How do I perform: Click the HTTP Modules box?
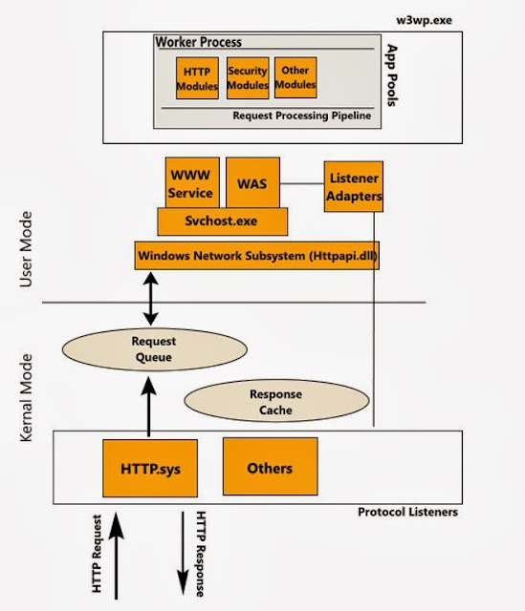tap(198, 78)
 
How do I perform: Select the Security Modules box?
tap(247, 78)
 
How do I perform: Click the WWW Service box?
tap(192, 182)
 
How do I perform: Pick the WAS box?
tap(253, 182)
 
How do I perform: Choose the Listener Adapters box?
tap(354, 187)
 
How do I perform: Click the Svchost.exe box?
tap(222, 221)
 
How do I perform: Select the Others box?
tap(269, 468)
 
